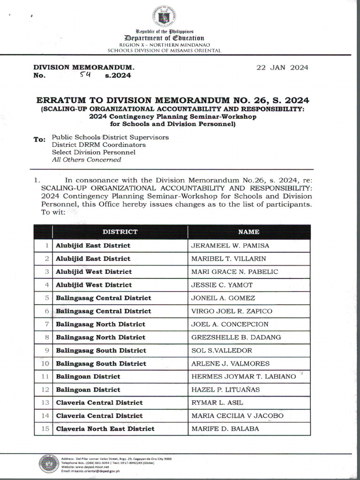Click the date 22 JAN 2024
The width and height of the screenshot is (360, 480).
click(x=282, y=67)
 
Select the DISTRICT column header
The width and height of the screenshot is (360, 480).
click(x=120, y=232)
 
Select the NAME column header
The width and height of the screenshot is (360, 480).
click(x=248, y=232)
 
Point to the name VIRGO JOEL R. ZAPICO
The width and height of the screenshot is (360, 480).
click(x=232, y=311)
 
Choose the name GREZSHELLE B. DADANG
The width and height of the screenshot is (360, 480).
click(x=235, y=337)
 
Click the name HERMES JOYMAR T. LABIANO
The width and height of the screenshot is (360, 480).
click(x=243, y=376)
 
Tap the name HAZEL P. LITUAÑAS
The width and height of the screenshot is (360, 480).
click(x=225, y=390)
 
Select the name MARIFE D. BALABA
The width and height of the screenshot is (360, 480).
click(x=225, y=428)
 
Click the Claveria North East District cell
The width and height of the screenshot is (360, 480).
click(x=105, y=428)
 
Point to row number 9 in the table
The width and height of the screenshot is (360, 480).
click(x=46, y=350)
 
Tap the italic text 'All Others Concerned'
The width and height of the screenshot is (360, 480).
click(x=86, y=160)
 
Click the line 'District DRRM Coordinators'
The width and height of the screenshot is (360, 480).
click(x=98, y=145)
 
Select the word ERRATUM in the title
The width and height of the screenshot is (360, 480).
click(x=64, y=100)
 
